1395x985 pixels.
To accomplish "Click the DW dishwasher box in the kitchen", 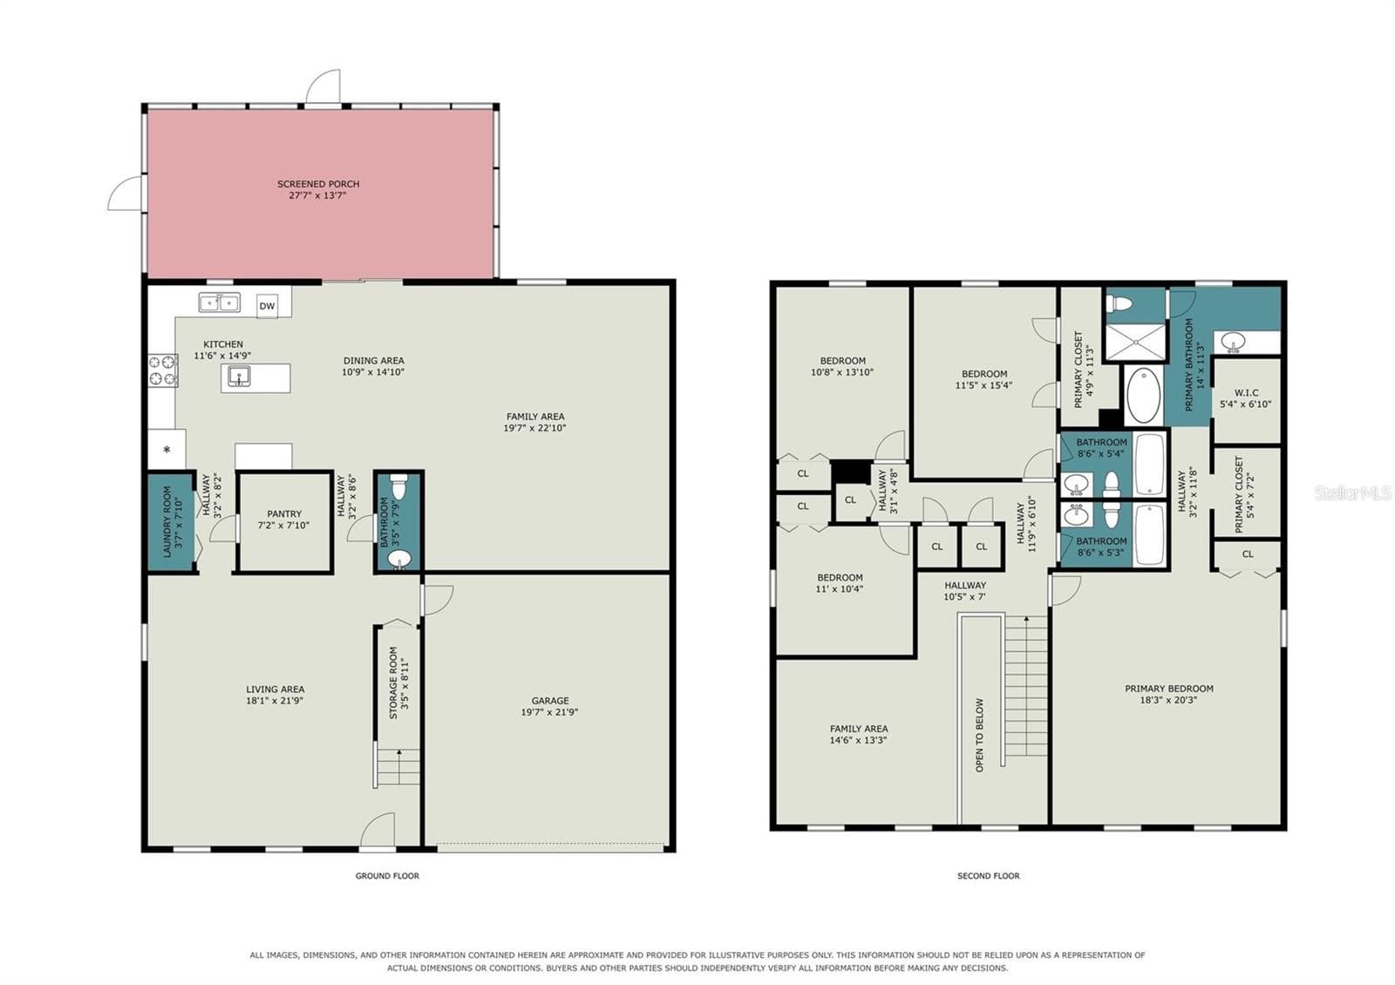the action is pyautogui.click(x=267, y=306).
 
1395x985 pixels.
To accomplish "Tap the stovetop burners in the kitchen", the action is pyautogui.click(x=163, y=370).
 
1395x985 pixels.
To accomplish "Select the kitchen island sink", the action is pyautogui.click(x=239, y=376).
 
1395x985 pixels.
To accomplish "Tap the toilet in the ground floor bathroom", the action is pyautogui.click(x=398, y=486).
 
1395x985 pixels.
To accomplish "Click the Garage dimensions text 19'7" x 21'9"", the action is pyautogui.click(x=550, y=711).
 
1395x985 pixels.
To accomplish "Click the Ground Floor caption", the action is pyautogui.click(x=387, y=875).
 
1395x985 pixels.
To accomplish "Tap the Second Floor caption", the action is pyautogui.click(x=989, y=875).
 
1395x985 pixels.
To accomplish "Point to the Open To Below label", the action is pyautogui.click(x=980, y=735).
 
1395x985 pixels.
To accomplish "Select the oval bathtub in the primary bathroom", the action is pyautogui.click(x=1144, y=396).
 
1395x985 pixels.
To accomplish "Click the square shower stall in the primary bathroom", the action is pyautogui.click(x=1135, y=341).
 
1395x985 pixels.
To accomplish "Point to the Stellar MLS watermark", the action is pyautogui.click(x=1352, y=493).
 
